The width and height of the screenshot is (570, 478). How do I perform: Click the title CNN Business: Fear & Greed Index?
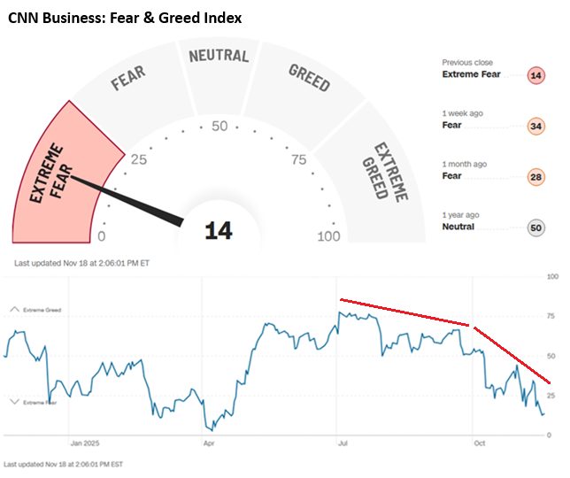click(125, 17)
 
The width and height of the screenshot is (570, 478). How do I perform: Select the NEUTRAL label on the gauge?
click(219, 56)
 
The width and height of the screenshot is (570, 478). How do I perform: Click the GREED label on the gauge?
click(309, 78)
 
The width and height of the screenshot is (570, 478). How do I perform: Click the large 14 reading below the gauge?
click(219, 231)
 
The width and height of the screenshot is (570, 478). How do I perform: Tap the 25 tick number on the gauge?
click(139, 160)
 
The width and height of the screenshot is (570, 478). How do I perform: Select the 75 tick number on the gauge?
click(298, 160)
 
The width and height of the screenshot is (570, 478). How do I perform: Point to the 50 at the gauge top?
click(219, 126)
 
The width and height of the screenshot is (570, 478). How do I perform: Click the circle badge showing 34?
click(535, 126)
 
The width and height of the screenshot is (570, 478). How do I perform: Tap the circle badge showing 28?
click(535, 176)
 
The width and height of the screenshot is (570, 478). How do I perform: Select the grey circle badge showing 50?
click(535, 227)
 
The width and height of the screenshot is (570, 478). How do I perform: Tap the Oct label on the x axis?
click(479, 443)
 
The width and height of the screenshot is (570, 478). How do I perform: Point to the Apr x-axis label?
click(210, 443)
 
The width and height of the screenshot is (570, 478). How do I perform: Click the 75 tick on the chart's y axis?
click(551, 316)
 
